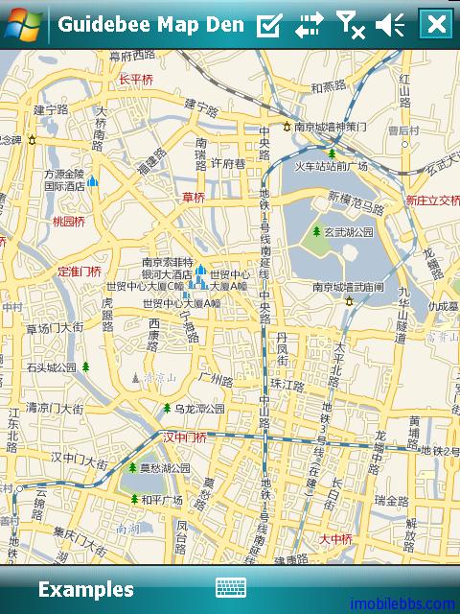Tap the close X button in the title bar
436,24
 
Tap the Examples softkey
85,589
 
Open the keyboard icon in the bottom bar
231,588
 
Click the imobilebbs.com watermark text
402,604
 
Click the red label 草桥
194,198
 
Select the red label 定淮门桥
80,272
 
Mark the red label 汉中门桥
184,437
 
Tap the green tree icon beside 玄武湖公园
316,231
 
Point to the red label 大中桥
336,539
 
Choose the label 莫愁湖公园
165,468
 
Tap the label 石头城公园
52,366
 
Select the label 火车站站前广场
331,166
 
